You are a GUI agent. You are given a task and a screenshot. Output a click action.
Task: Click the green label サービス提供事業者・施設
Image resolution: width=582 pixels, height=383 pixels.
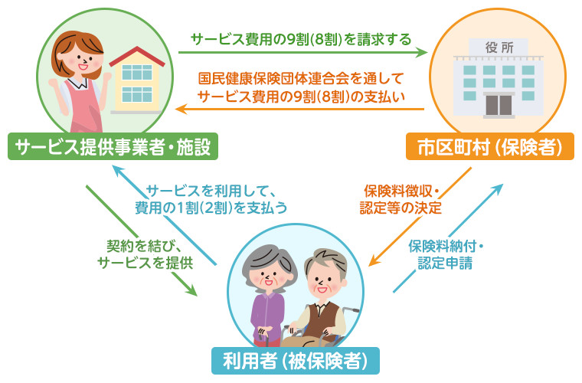point(113,146)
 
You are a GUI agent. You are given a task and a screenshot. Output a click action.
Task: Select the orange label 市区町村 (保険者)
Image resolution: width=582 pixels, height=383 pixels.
point(490,146)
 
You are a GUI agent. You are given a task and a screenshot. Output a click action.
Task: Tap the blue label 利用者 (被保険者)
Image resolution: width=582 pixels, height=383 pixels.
point(296,361)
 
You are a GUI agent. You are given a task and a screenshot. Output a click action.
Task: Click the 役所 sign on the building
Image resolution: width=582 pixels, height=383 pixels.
point(499,47)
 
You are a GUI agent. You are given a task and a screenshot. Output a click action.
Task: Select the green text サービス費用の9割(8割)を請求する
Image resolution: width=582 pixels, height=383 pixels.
point(301,39)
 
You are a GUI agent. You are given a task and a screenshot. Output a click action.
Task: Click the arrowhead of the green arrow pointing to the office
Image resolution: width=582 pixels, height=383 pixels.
point(422,52)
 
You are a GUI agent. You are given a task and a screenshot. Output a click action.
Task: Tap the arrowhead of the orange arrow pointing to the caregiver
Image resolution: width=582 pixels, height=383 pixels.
point(182,109)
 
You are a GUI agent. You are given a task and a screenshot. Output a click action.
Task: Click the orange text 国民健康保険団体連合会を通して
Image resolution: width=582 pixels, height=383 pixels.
point(301,79)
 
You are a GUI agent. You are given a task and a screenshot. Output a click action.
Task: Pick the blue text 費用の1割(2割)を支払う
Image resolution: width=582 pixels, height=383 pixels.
point(211,208)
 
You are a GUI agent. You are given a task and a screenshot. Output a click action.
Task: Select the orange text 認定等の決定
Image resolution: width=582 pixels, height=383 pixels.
point(401,208)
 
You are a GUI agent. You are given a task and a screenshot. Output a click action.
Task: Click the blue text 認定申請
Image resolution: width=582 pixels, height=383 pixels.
point(445,264)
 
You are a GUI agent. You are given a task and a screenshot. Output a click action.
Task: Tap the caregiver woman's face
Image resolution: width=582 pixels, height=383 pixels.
point(79,60)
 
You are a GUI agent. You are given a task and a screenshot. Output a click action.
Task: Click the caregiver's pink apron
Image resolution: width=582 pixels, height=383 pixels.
point(82,108)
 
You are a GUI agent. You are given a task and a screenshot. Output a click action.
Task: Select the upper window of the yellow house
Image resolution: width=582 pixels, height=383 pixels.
point(137,72)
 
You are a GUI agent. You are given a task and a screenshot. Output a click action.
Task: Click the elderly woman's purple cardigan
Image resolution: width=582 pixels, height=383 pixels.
point(267,316)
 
